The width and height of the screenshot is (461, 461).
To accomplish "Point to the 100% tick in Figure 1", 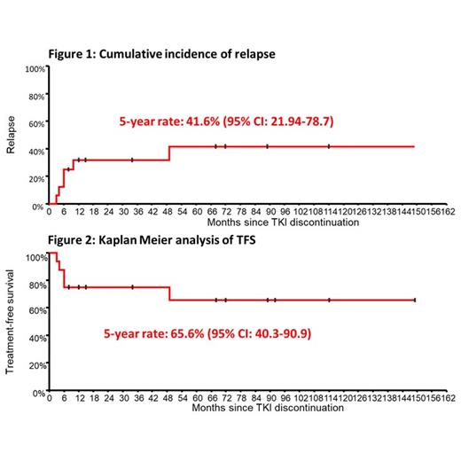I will click(x=35, y=68).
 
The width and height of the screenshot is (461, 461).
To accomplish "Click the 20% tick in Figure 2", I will click(x=35, y=364).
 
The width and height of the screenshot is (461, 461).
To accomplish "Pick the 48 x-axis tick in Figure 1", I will click(x=169, y=213).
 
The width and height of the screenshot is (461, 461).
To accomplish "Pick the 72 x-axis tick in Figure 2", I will click(x=226, y=398).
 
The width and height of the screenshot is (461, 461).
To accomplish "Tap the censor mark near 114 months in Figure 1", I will click(x=328, y=146).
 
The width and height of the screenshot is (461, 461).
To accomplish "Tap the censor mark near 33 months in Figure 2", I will click(x=132, y=287).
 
